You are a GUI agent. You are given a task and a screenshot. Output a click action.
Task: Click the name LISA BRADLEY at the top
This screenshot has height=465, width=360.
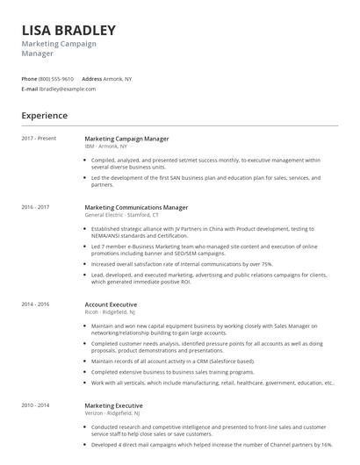[68, 30]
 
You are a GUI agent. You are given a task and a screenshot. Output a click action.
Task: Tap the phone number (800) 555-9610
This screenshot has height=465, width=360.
[56, 79]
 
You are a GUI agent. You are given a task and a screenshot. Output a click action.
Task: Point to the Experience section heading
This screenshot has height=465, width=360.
[45, 115]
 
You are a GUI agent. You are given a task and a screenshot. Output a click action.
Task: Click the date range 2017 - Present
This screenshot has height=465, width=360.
[39, 138]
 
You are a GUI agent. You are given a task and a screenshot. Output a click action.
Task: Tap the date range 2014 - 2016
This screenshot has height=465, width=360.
[36, 304]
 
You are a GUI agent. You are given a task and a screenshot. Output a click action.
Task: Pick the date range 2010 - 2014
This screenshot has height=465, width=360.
[36, 405]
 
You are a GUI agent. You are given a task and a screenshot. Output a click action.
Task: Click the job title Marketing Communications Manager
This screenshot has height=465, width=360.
[136, 207]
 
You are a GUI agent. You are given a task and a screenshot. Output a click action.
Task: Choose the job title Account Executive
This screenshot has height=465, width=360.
[111, 304]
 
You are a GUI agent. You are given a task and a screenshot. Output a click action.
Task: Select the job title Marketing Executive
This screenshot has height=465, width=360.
[113, 405]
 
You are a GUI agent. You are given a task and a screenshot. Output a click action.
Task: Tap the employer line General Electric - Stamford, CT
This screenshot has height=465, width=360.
[122, 215]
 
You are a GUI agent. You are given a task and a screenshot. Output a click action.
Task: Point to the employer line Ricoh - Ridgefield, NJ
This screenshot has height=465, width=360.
[110, 312]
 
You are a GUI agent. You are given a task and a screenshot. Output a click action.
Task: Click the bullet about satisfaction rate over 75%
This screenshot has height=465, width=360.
[182, 263]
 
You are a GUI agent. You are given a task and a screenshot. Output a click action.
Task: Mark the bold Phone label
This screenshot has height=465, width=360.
[30, 79]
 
